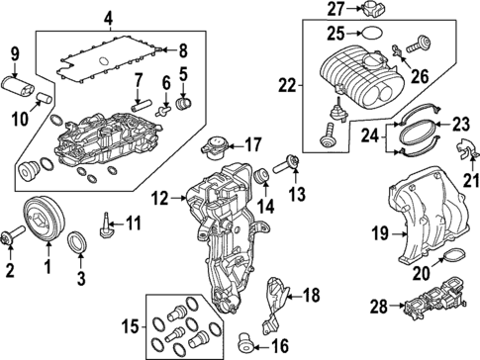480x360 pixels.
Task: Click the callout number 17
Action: [x=252, y=142]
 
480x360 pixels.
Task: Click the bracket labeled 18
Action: [x=281, y=305]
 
